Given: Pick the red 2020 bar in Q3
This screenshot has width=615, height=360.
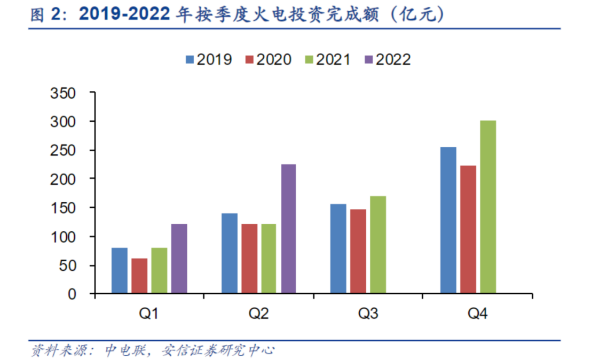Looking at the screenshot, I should pyautogui.click(x=358, y=251).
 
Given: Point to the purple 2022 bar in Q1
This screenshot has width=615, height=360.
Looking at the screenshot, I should pyautogui.click(x=179, y=259).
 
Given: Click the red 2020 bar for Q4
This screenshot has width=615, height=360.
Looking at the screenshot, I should pyautogui.click(x=468, y=230).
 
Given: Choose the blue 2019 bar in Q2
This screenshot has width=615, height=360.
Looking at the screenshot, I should pyautogui.click(x=230, y=253).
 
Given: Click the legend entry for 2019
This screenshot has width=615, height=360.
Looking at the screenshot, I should pyautogui.click(x=209, y=59).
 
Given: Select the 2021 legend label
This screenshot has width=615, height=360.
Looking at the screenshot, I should pyautogui.click(x=327, y=59).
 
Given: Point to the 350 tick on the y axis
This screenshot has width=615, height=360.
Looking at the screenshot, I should pyautogui.click(x=62, y=93).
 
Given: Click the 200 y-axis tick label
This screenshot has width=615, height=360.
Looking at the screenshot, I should pyautogui.click(x=62, y=179).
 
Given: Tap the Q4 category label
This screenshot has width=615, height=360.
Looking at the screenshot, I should pyautogui.click(x=478, y=314).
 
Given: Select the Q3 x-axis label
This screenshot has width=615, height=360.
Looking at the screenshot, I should pyautogui.click(x=368, y=314).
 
